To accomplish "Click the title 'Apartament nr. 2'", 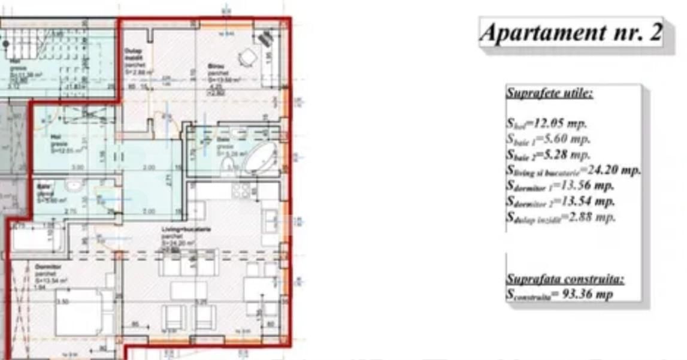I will coord(571,32).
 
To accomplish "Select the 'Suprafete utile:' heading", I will coord(550,93).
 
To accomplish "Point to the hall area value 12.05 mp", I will coord(546,125).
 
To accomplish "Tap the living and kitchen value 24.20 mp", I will coord(573,170).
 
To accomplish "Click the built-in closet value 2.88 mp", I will coord(561,217).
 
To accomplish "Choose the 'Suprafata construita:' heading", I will coord(565,279).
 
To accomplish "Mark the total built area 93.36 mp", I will coord(559,294).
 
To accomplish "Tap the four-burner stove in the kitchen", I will coord(241,190).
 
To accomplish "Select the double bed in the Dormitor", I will coord(78,312).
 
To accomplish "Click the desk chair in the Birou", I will coord(248,58).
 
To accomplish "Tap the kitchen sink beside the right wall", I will coord(269,219).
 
